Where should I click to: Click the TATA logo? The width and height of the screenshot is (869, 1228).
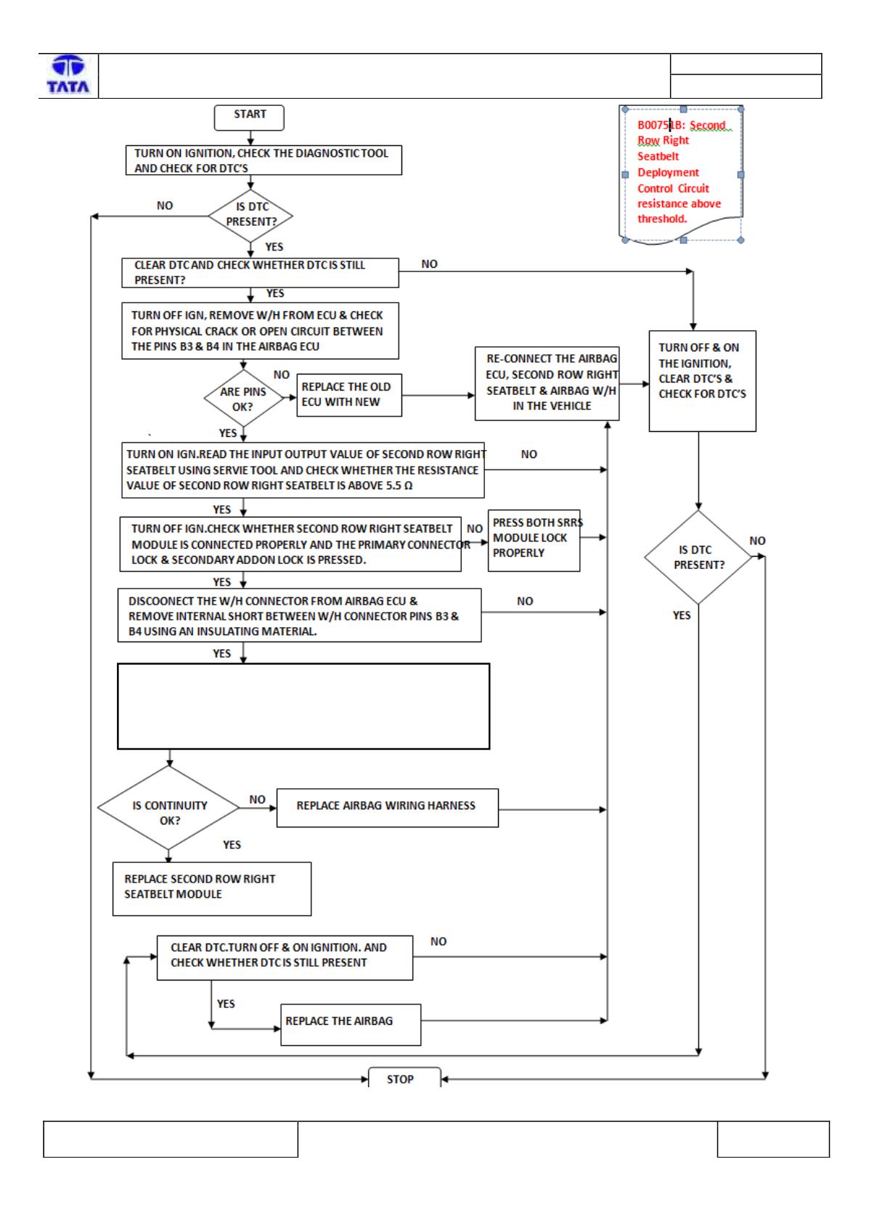point(68,74)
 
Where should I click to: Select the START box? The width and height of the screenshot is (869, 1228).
point(249,118)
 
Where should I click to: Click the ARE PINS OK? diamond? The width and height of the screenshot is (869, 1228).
point(243,398)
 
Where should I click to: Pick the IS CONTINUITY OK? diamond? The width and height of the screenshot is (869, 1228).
point(168,808)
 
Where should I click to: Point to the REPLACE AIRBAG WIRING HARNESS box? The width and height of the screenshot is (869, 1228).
point(387,808)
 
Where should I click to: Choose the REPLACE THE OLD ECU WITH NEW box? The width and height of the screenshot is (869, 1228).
point(348,395)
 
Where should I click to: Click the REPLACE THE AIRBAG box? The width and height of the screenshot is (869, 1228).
point(351,1025)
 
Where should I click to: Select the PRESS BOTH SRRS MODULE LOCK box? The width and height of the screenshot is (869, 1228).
point(534,541)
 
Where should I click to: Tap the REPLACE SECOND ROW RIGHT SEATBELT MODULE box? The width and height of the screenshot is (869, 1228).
point(212,888)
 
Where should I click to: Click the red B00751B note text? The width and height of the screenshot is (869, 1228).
point(680,171)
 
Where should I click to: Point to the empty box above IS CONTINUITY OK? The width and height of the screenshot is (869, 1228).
point(303,706)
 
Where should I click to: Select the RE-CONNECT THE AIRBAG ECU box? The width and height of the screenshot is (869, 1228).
point(547,383)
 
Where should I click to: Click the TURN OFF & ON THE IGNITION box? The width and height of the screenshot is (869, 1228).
point(702,381)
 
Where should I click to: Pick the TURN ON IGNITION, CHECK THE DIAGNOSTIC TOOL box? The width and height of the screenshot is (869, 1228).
point(263,160)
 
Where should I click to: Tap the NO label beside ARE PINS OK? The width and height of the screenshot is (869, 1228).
point(281,374)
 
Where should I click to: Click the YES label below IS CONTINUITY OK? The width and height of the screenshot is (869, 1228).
point(232,844)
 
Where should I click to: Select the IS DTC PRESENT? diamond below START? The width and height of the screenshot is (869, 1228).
point(250,216)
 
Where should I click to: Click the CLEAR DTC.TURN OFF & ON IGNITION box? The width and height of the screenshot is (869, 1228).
point(285,958)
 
